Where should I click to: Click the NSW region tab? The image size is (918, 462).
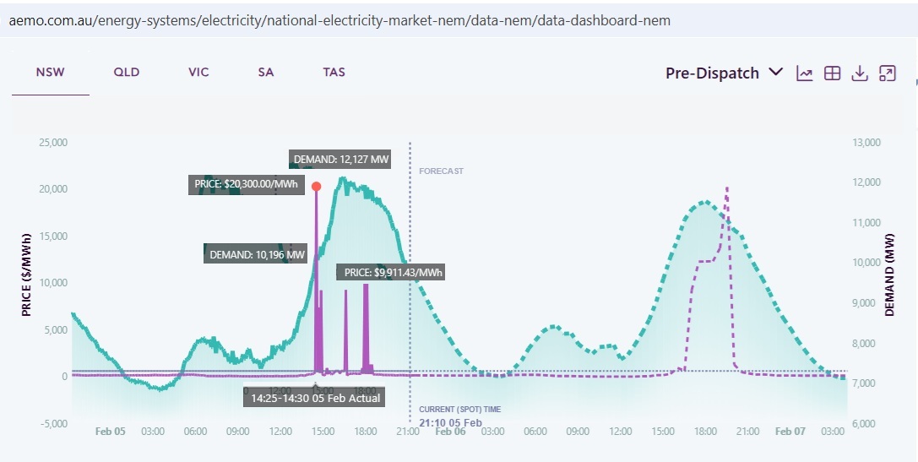click(50, 73)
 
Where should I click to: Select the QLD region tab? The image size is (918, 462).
click(127, 73)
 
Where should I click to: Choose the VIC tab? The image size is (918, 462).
click(198, 73)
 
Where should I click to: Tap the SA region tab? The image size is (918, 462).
click(266, 73)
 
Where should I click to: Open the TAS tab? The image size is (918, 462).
click(334, 73)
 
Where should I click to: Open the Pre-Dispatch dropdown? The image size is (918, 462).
click(724, 73)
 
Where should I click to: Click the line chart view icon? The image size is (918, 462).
click(805, 73)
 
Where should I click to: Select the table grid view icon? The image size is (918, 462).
click(832, 73)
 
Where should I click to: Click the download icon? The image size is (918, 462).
click(860, 73)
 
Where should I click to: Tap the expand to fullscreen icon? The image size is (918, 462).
click(887, 73)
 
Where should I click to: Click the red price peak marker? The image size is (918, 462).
click(317, 187)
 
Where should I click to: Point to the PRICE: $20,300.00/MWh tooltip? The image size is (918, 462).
click(246, 185)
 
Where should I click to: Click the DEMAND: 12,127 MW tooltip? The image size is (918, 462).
click(340, 159)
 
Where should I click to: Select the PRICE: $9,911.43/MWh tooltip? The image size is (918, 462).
click(391, 272)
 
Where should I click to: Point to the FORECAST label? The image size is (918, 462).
click(441, 171)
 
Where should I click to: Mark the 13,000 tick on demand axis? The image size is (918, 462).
click(866, 143)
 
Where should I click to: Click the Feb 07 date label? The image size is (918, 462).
click(790, 432)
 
